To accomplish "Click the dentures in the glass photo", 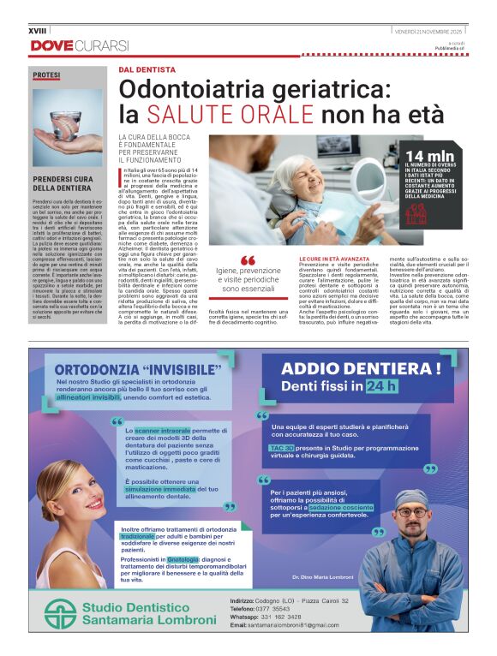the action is pos(67,122).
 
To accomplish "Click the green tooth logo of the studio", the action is pos(60,613).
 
